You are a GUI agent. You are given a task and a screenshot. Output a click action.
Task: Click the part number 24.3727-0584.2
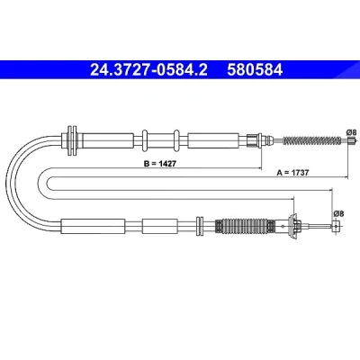pyautogui.click(x=148, y=70)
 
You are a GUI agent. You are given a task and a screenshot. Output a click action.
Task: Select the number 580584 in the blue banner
pyautogui.click(x=255, y=70)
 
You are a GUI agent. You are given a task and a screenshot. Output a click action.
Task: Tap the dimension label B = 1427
pyautogui.click(x=160, y=164)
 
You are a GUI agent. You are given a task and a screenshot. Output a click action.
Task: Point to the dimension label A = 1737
pyautogui.click(x=292, y=173)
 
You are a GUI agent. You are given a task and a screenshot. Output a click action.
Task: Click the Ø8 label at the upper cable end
pyautogui.click(x=351, y=132)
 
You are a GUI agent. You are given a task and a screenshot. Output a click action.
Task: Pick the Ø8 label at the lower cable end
pyautogui.click(x=338, y=214)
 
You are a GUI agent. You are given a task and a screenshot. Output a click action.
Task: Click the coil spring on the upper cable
pyautogui.click(x=312, y=140)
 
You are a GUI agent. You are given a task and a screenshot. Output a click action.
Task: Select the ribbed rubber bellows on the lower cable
pyautogui.click(x=245, y=227)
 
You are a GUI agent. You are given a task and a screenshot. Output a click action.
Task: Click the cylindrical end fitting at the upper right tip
pyautogui.click(x=353, y=140)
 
